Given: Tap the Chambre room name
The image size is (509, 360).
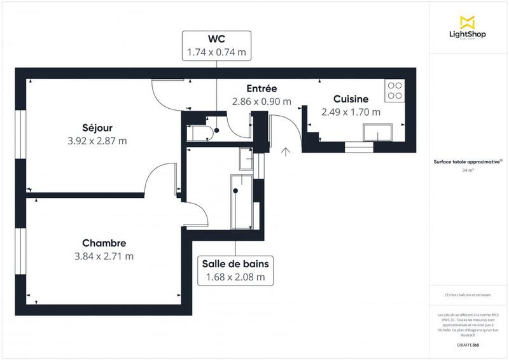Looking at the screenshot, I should [x=104, y=243].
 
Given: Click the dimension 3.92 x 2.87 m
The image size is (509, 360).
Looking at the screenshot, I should [x=97, y=141].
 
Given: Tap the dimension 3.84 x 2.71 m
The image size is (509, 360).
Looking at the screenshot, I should [x=104, y=256].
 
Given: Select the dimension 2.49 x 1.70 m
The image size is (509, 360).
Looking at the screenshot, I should [x=351, y=112].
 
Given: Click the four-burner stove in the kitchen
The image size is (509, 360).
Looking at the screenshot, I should [x=394, y=90].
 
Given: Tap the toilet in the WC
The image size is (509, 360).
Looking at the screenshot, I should [x=200, y=132].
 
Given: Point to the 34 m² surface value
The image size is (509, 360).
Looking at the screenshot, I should [x=468, y=170].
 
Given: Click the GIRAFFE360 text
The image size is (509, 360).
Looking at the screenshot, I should [x=468, y=343].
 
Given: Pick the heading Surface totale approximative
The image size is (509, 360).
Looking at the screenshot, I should [x=468, y=162].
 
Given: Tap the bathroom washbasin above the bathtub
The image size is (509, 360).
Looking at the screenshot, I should [x=246, y=158].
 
